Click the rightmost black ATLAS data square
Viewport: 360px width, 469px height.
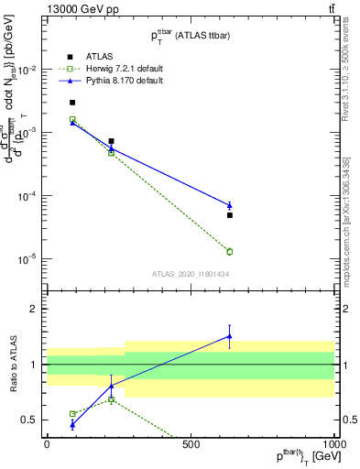click(x=230, y=215)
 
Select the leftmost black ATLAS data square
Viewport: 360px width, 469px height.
click(x=72, y=103)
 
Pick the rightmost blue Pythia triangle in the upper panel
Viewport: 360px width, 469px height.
click(x=230, y=205)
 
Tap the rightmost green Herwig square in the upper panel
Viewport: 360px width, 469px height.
click(x=230, y=251)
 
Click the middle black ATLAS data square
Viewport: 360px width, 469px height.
click(x=111, y=141)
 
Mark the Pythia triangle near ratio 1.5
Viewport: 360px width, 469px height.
click(x=230, y=336)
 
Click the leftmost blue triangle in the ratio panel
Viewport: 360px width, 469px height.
click(x=72, y=424)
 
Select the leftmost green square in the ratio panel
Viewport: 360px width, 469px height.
click(x=72, y=414)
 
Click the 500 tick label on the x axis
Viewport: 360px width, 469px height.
click(x=191, y=443)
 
